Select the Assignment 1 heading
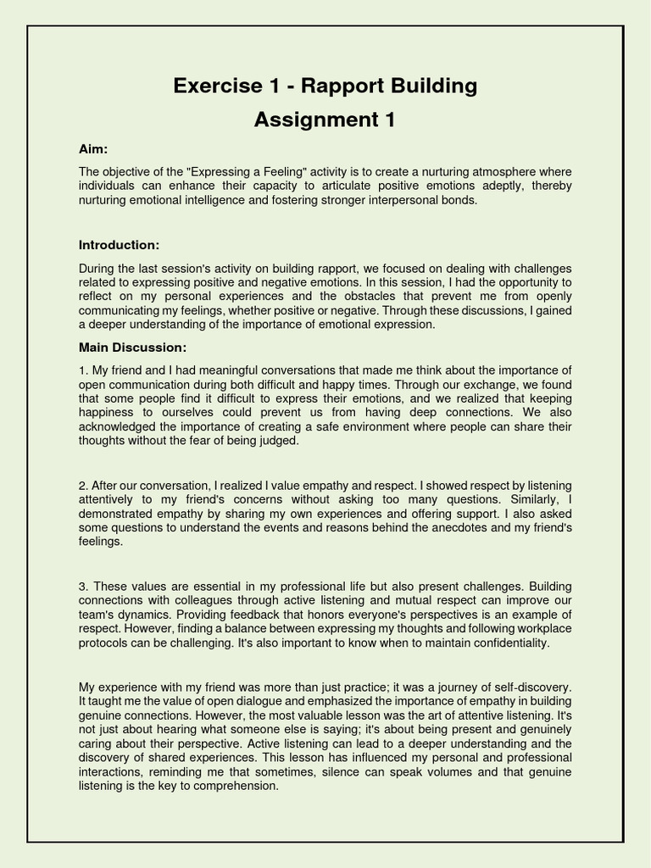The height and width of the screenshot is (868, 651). (325, 120)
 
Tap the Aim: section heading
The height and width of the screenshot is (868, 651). (93, 149)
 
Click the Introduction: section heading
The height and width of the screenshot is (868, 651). (119, 245)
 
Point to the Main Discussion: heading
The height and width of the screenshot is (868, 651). (132, 348)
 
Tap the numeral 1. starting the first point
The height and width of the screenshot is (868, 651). (83, 370)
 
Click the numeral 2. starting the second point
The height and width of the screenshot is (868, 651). (83, 486)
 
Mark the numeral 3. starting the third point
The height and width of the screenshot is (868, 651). (83, 587)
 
